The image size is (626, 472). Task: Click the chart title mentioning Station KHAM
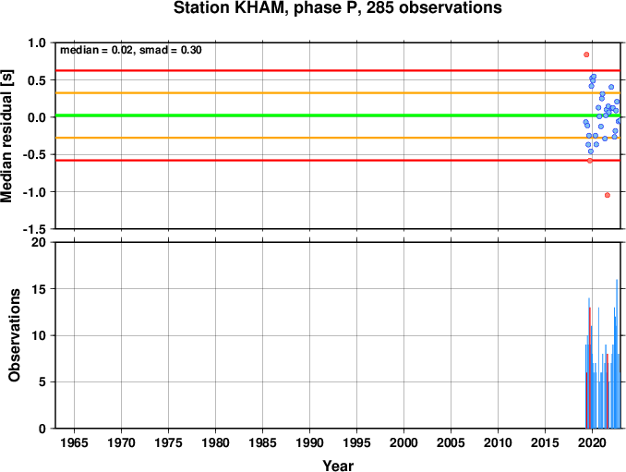click(x=337, y=8)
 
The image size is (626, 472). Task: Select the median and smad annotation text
click(x=131, y=50)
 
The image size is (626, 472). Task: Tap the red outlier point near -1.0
click(x=608, y=195)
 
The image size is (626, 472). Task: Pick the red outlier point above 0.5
click(x=586, y=54)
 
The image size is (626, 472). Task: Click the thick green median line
click(x=338, y=115)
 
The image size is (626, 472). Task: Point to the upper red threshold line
click(x=338, y=71)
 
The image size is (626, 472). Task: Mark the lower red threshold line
click(x=338, y=161)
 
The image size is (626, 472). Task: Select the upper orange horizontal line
click(x=338, y=93)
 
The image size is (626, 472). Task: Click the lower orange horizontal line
click(x=338, y=138)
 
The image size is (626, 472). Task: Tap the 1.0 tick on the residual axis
click(x=37, y=42)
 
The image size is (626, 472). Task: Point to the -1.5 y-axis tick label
click(x=34, y=229)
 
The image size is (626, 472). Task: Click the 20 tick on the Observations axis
click(x=39, y=242)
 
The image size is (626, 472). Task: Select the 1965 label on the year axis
click(x=74, y=442)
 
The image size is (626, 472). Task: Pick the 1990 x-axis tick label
click(x=310, y=442)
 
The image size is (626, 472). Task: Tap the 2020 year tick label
click(x=593, y=442)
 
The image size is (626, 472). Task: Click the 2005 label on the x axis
click(x=451, y=442)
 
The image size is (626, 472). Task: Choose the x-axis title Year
click(x=338, y=466)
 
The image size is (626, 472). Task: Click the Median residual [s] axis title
click(x=6, y=136)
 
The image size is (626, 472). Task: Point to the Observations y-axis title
click(x=15, y=335)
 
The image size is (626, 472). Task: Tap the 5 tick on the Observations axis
click(x=42, y=382)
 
